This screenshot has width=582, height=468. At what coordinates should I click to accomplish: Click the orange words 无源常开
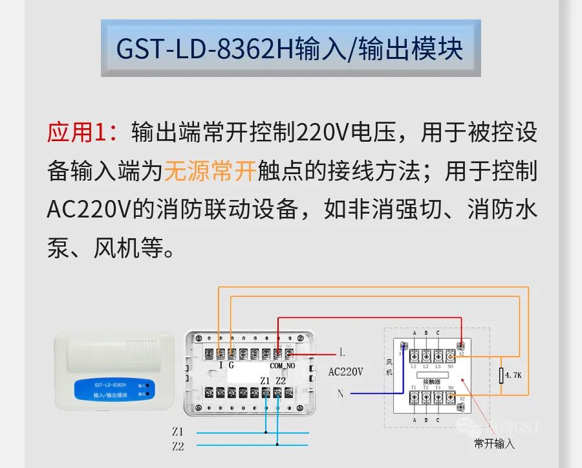210,172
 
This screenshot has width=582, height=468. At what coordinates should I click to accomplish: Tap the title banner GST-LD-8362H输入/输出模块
290,49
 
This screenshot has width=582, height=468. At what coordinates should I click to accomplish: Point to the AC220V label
346,372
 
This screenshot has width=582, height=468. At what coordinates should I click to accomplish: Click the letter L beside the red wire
342,353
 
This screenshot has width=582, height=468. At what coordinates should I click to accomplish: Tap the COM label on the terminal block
276,365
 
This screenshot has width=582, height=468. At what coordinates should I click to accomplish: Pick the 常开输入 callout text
495,444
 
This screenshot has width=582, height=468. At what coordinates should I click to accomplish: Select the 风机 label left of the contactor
390,367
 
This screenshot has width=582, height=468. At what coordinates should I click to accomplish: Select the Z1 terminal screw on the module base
266,392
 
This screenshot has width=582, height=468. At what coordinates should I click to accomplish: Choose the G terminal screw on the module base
232,353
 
